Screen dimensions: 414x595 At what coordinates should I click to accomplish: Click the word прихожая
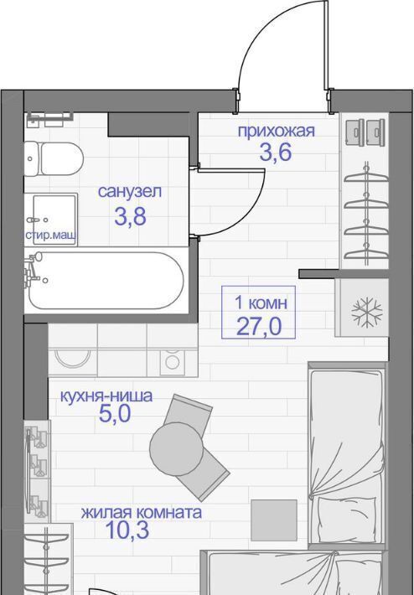(277, 132)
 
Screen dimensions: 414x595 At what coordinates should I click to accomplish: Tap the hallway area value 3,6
(276, 153)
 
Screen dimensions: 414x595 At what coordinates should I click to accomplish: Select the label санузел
(130, 191)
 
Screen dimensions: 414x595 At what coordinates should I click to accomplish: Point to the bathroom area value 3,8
(130, 217)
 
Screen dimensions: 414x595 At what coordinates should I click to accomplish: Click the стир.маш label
(50, 236)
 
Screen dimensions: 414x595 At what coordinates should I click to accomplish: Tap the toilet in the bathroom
(54, 158)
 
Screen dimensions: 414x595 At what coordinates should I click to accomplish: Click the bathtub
(106, 281)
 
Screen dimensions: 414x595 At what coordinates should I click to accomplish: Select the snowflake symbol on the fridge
(366, 313)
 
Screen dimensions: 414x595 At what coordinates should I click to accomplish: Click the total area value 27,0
(259, 326)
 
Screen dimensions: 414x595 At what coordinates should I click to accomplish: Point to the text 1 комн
(261, 303)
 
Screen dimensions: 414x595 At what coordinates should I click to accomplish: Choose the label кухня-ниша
(106, 396)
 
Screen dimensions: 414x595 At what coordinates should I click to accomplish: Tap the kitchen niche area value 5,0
(115, 414)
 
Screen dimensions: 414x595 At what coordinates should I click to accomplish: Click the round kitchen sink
(72, 358)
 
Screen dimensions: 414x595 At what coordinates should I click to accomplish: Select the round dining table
(176, 448)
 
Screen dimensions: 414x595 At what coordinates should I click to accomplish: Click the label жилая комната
(141, 513)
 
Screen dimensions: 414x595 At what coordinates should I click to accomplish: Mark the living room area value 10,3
(127, 530)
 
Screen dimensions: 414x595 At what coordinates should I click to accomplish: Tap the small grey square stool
(274, 520)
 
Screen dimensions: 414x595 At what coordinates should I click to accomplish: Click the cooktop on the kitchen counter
(172, 362)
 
